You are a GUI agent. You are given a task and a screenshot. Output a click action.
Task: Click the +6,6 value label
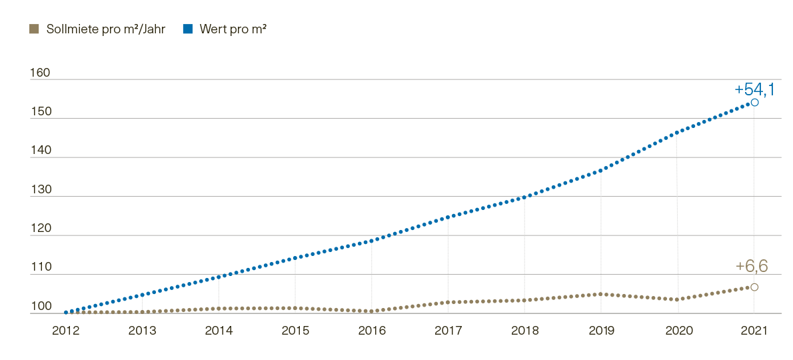(752, 266)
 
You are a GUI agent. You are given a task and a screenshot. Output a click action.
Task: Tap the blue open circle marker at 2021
(754, 103)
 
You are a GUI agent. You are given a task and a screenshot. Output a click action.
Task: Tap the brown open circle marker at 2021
(754, 287)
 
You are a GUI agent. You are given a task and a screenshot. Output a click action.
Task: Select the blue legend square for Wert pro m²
(188, 29)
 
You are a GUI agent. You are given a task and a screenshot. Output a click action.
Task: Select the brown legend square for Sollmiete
(34, 29)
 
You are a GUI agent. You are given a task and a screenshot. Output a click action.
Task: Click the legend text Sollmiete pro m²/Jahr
(105, 29)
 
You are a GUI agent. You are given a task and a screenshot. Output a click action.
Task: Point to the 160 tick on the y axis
(41, 73)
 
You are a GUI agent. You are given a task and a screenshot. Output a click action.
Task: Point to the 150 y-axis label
(41, 112)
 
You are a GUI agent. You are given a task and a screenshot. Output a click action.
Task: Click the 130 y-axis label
(41, 190)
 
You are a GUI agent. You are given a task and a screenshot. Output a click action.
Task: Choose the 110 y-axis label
(41, 268)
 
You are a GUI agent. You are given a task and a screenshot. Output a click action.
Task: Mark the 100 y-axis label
(41, 307)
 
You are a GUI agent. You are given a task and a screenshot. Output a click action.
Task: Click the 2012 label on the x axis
(66, 330)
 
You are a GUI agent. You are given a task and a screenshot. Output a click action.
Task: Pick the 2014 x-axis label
(219, 330)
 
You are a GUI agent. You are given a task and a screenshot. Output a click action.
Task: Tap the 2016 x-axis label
(372, 330)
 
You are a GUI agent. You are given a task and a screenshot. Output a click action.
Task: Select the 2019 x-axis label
(601, 330)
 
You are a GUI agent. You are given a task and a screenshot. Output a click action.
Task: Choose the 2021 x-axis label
(754, 330)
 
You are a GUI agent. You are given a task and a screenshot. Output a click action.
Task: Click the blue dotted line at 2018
(524, 197)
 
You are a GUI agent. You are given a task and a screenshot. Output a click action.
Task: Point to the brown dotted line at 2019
(601, 294)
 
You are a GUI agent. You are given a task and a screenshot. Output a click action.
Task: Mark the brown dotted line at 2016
(372, 311)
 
